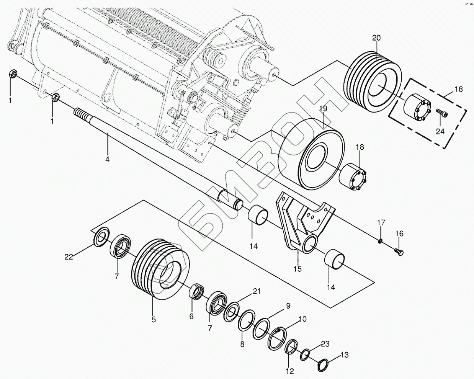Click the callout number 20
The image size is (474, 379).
pos(376,38)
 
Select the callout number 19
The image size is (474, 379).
pos(323,109)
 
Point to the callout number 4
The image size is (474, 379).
pos(108,159)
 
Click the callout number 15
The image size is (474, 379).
pos(297,269)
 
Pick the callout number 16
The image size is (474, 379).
pos(399,234)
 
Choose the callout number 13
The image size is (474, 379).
pos(344,355)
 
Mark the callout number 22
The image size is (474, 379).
pos(69,257)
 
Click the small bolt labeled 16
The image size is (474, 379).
pos(399,251)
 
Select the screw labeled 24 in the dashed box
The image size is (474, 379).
pos(443,113)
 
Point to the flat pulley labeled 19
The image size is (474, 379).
pos(311,155)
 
